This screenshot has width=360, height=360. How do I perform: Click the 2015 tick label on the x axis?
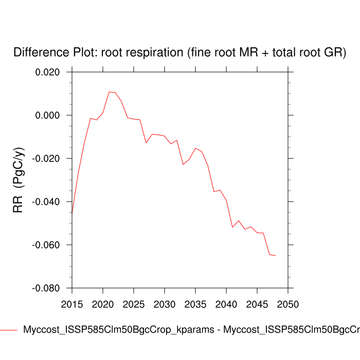[72, 304]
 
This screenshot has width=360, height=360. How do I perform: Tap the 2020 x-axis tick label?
[103, 304]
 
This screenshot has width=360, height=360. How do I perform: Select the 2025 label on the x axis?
[134, 304]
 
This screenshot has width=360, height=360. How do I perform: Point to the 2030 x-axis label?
[165, 304]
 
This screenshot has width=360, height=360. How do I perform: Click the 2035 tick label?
[195, 304]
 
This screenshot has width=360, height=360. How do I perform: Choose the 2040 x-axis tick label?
[226, 304]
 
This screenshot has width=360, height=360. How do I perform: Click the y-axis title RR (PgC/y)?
[19, 180]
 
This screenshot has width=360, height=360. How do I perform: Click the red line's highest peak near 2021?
[109, 92]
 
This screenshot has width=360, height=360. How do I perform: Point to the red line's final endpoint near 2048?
[276, 256]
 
